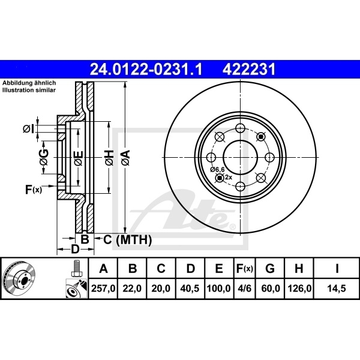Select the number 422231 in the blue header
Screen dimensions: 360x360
[x=250, y=70]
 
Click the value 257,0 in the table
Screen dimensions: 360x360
[x=103, y=289]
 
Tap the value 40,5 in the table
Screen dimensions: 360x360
[x=190, y=289]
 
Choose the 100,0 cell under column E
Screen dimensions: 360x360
[x=219, y=289]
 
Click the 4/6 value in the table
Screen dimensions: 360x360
[x=245, y=289]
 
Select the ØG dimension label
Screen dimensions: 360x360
[x=44, y=157]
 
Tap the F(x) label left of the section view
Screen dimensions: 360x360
[x=33, y=190]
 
